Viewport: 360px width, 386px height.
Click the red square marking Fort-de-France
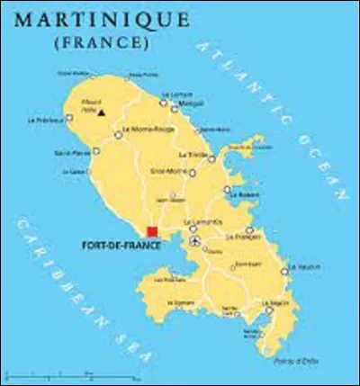coord(153,232)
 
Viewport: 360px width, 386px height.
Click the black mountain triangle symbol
coord(102,112)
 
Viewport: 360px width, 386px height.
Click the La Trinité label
coord(192,154)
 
